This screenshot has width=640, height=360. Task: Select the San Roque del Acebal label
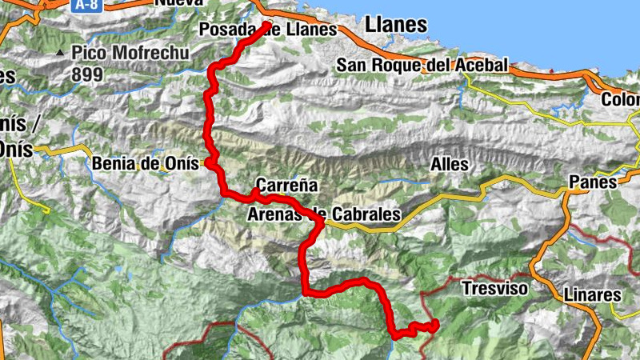(422, 65)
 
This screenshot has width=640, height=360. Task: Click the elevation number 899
(87, 74)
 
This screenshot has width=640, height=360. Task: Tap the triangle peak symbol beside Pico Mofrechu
(60, 54)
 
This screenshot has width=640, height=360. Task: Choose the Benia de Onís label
(145, 163)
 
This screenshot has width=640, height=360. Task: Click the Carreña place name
(286, 185)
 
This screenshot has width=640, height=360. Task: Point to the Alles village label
(450, 164)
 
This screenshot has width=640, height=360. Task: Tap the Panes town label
(593, 182)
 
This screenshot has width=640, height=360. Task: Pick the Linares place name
(593, 294)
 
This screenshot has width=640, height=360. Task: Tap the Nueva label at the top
(179, 3)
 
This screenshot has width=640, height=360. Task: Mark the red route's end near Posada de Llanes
(267, 25)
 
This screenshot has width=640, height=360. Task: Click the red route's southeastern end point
(435, 325)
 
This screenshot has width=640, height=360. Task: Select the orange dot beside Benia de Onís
(208, 163)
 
